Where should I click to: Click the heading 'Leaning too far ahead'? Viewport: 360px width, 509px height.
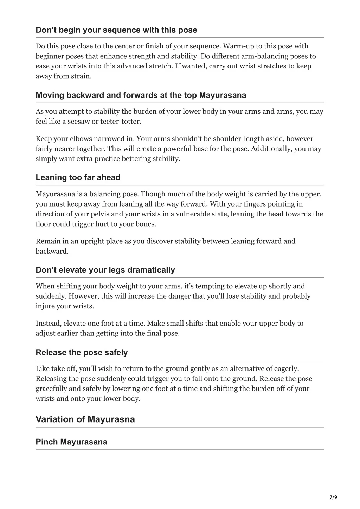pos(78,177)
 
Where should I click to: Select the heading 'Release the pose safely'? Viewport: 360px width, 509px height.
pos(82,352)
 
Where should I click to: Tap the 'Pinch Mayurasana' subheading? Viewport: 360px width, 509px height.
pos(71,442)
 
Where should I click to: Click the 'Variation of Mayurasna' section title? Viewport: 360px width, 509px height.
pos(85,419)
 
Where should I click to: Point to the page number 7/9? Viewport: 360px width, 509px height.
pos(333,497)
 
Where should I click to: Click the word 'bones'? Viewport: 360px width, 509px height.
pos(145,224)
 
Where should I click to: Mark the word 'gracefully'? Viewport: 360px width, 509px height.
pos(51,389)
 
